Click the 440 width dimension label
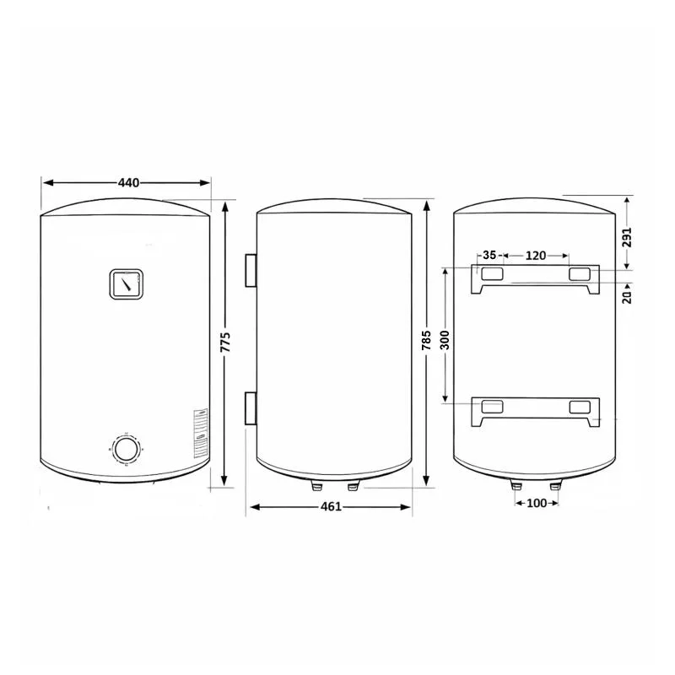129,183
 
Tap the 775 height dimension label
225,343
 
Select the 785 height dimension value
426,340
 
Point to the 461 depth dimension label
331,507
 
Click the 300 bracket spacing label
445,340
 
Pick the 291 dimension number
627,237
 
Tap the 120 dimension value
536,256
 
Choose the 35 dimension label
489,256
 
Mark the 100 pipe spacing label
537,503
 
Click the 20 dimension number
627,297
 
